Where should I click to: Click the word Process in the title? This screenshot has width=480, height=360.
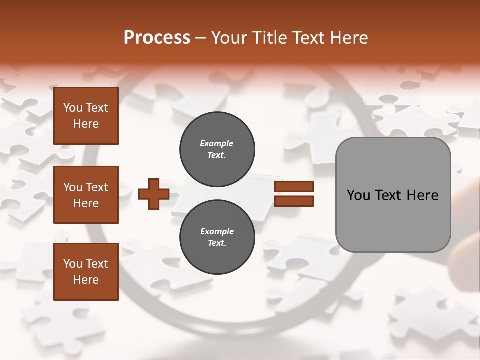click(157, 38)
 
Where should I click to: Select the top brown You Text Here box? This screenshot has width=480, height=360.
click(86, 116)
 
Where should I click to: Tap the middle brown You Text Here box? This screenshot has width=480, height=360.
click(86, 195)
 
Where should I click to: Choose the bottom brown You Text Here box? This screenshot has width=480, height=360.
click(86, 272)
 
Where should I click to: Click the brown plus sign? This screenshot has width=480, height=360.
click(154, 194)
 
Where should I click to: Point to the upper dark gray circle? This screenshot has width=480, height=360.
click(217, 149)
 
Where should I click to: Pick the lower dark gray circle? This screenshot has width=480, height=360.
click(217, 237)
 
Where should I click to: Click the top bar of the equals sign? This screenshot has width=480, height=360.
click(294, 187)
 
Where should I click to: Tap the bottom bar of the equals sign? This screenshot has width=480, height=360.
click(294, 201)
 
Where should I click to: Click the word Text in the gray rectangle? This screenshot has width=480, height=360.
click(393, 195)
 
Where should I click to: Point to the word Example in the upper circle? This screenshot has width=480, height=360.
click(216, 143)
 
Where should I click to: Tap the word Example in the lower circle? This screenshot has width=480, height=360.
click(217, 231)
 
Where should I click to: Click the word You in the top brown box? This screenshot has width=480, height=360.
click(73, 108)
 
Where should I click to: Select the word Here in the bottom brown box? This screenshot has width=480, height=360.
click(86, 280)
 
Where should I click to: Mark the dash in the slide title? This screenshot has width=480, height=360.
click(201, 38)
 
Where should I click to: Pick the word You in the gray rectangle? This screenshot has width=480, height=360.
click(358, 195)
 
